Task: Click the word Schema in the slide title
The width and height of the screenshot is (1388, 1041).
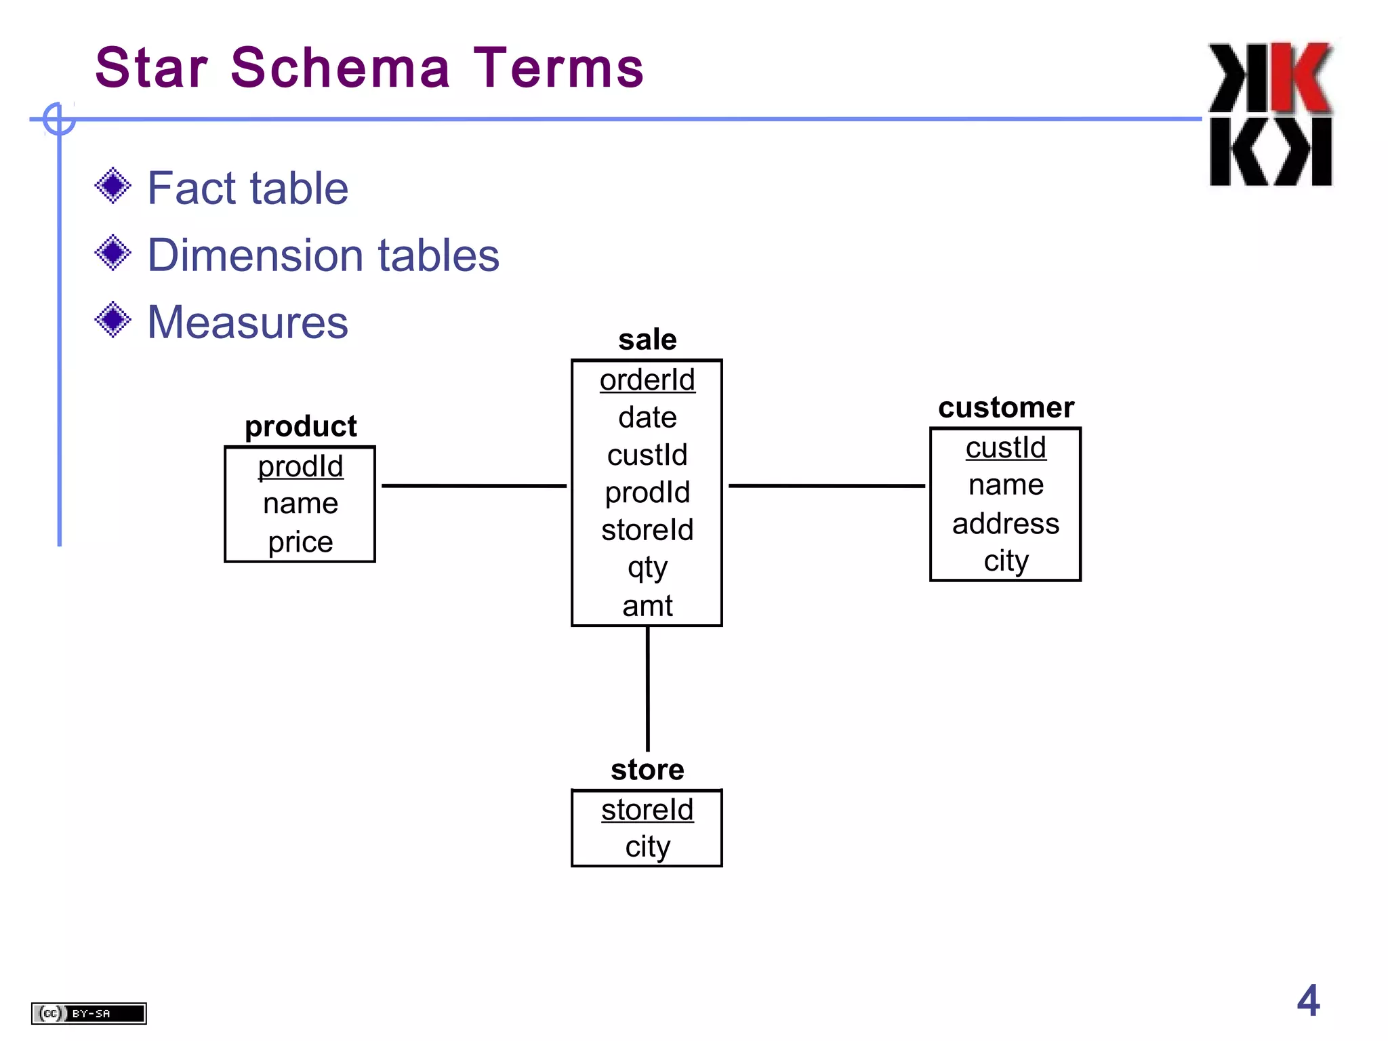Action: point(340,68)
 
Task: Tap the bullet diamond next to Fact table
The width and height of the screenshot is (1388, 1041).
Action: point(113,186)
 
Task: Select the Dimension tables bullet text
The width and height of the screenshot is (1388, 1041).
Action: point(323,256)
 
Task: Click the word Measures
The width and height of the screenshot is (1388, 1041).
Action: point(247,322)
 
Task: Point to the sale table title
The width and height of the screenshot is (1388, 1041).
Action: point(647,340)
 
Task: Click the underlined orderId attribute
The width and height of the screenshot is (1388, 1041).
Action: point(647,380)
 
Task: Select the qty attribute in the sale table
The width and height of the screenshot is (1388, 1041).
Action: point(647,568)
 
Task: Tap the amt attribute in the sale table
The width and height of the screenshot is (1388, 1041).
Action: point(647,606)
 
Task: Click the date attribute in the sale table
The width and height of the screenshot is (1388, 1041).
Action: point(647,417)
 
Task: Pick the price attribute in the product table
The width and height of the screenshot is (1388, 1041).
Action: point(300,542)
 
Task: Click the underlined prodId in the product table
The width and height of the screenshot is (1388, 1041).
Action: point(300,466)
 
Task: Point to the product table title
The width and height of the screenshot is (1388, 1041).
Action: point(300,426)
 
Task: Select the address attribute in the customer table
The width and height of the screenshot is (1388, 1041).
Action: point(1006,524)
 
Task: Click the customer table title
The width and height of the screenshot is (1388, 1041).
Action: point(1006,407)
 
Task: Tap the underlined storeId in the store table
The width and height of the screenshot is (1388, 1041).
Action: point(647,810)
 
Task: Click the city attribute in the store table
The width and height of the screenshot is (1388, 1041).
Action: point(647,847)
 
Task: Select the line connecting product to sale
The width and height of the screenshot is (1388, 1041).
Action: point(474,485)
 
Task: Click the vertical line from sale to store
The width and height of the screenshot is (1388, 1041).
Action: point(647,688)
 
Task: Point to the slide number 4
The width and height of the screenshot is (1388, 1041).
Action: point(1308,1000)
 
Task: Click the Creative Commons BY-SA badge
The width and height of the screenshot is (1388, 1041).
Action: point(89,1013)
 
